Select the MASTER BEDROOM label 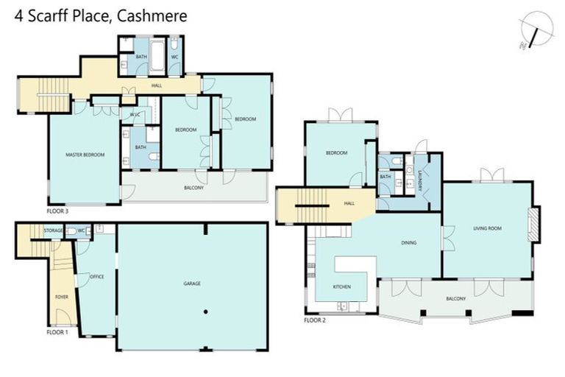tap(85, 155)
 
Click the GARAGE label tap(192, 283)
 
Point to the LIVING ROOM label tap(487, 229)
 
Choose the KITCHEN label tap(341, 286)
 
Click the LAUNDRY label tap(420, 181)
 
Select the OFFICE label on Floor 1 tap(96, 276)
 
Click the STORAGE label tap(53, 231)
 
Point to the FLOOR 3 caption tap(57, 211)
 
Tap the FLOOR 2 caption tap(315, 320)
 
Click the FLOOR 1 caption tap(57, 332)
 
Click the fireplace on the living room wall tap(534, 224)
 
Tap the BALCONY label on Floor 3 tap(193, 188)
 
